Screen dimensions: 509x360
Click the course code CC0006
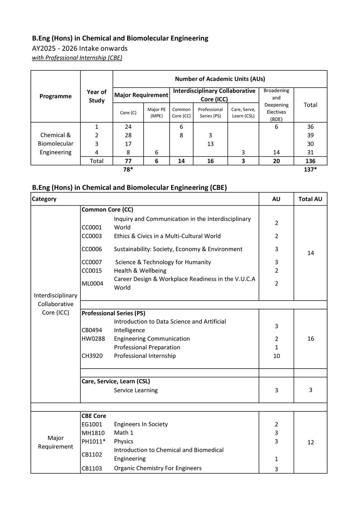click(x=92, y=249)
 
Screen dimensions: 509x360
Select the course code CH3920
click(x=92, y=356)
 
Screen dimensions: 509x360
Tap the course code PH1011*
click(x=93, y=441)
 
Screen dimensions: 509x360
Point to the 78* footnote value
click(x=128, y=170)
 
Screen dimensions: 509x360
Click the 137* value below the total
click(x=310, y=170)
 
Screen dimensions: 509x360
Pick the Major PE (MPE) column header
click(x=156, y=113)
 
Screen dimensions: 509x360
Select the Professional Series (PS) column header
click(x=210, y=113)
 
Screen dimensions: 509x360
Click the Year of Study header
click(x=96, y=96)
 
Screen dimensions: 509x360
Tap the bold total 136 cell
click(x=310, y=161)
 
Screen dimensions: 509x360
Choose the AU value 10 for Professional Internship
click(x=276, y=356)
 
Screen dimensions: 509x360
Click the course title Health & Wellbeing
click(x=140, y=271)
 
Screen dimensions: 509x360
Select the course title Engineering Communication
click(x=152, y=339)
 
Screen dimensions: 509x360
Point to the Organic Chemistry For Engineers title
click(x=158, y=468)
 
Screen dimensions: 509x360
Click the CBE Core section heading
click(x=94, y=416)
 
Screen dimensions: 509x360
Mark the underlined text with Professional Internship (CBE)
click(x=77, y=58)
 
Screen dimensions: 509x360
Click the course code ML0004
click(x=92, y=283)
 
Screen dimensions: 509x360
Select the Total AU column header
click(x=310, y=199)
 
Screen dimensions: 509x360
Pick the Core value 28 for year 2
click(x=128, y=135)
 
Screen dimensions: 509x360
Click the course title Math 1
click(x=124, y=433)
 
